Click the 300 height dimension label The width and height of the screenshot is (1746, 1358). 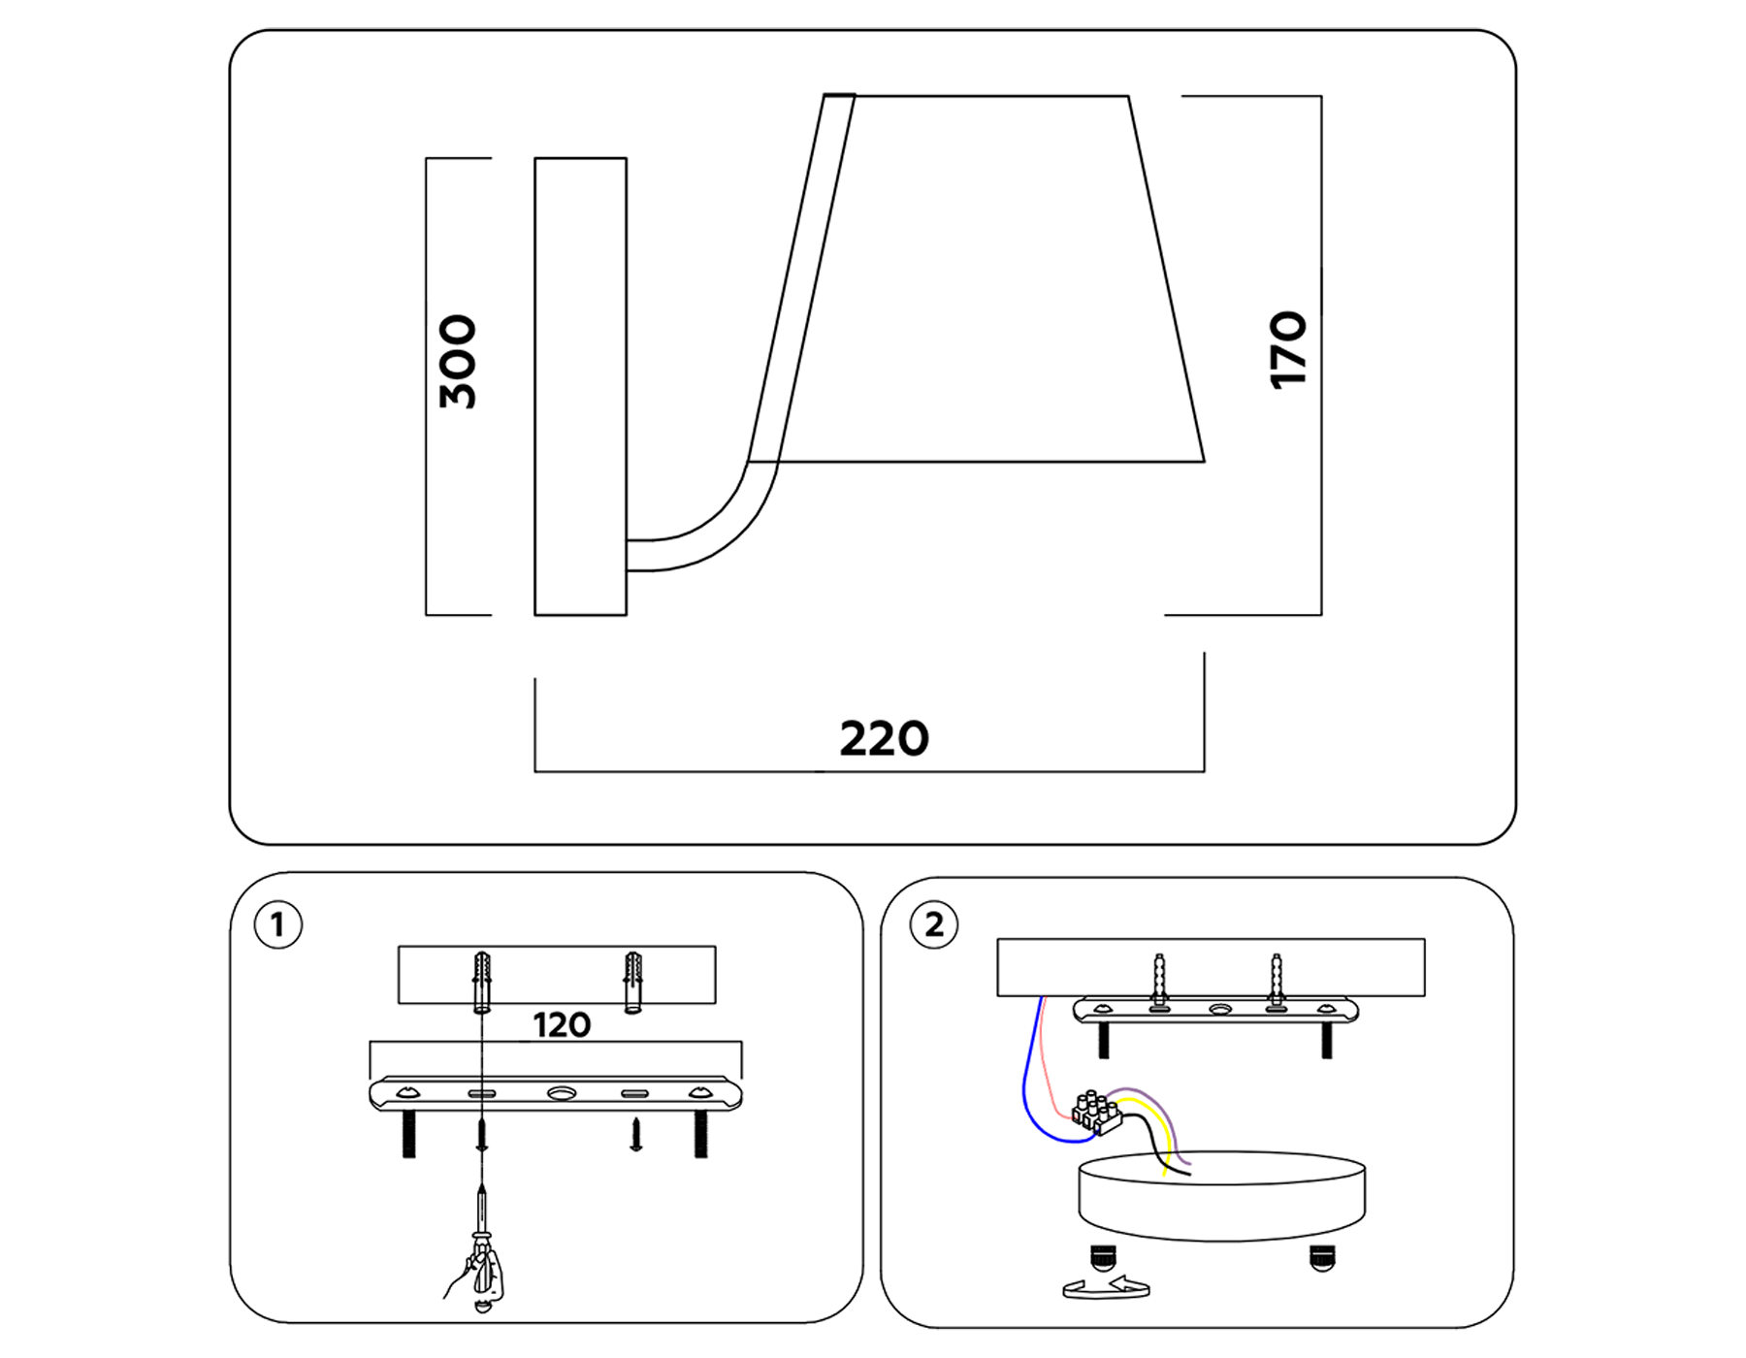pos(458,361)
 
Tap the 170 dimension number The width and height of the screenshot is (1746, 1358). pos(1288,350)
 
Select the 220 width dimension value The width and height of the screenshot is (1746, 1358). pos(884,739)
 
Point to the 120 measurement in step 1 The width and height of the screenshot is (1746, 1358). pos(561,1025)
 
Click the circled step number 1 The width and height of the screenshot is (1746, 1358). pos(277,924)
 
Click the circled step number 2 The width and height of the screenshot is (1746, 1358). pos(933,924)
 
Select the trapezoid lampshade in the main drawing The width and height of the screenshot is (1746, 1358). pos(989,281)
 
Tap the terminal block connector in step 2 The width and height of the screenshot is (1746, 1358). pos(1096,1114)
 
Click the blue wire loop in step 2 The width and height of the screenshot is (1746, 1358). pos(1030,1106)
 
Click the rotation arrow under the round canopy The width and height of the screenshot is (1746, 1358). pos(1107,1288)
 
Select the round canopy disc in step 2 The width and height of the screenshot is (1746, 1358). pos(1222,1198)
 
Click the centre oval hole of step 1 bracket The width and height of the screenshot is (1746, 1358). pos(561,1093)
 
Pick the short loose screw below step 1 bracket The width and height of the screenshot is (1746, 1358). pos(635,1133)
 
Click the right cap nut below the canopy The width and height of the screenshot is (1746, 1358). pos(1321,1258)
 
